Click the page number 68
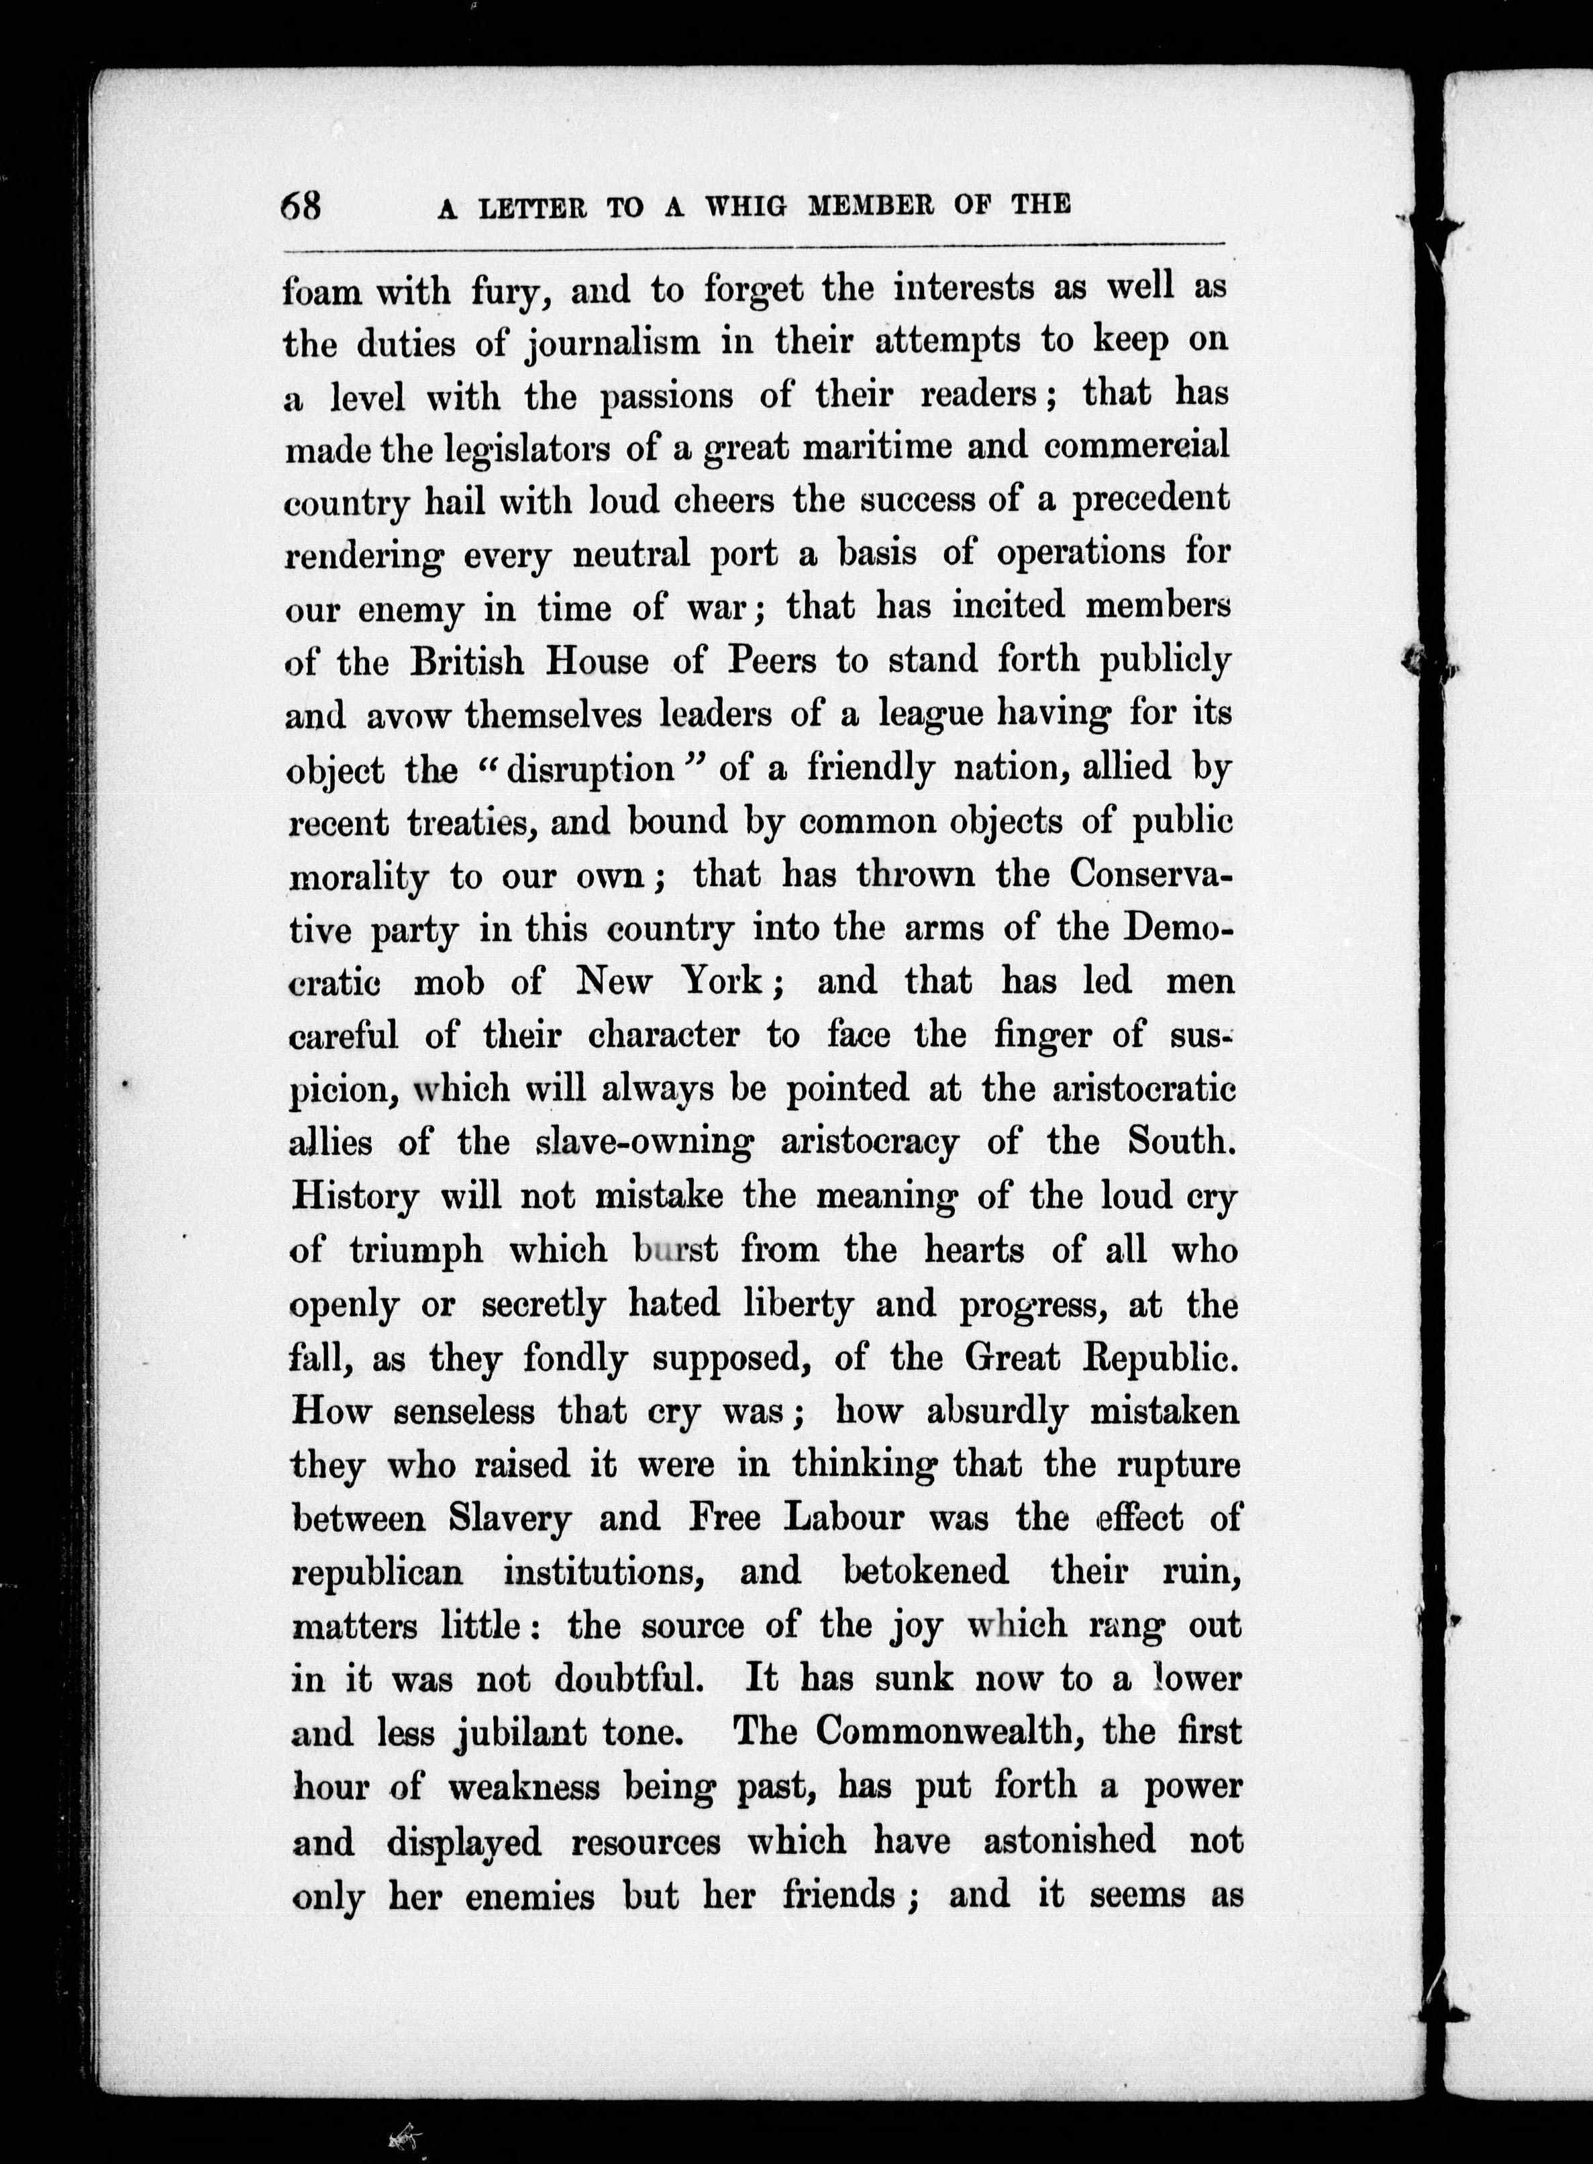[x=301, y=205]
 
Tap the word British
[x=468, y=662]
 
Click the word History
[x=355, y=1197]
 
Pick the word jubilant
[x=520, y=1734]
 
